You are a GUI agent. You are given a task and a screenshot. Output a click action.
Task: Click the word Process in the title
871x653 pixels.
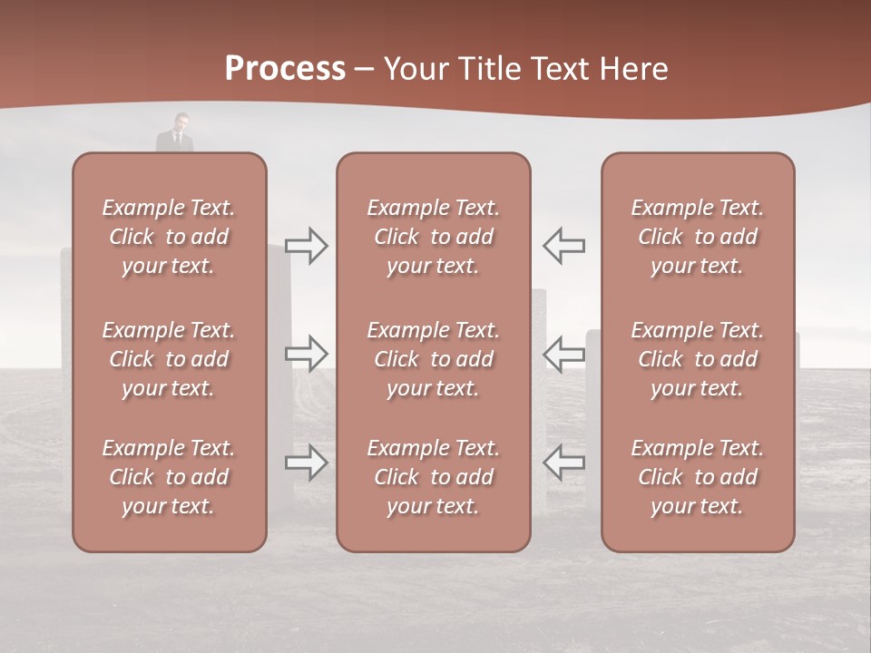click(285, 69)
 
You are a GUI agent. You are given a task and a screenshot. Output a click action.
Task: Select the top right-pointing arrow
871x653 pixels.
click(307, 245)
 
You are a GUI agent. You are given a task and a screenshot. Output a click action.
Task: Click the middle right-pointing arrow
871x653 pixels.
click(307, 353)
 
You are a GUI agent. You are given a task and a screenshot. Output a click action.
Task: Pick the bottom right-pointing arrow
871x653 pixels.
click(307, 463)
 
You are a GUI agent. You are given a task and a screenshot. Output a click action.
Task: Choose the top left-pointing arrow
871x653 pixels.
click(563, 245)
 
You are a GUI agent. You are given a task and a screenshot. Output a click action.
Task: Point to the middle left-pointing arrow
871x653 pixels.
click(563, 353)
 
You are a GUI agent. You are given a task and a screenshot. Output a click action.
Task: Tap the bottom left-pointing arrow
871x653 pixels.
click(563, 463)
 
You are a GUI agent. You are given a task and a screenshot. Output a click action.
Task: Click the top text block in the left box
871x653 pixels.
click(169, 237)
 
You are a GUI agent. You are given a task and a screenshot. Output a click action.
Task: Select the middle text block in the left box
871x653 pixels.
click(169, 359)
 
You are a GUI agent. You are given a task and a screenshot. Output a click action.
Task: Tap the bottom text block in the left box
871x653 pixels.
click(169, 477)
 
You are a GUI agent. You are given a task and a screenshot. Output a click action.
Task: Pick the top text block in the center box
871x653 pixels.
click(434, 237)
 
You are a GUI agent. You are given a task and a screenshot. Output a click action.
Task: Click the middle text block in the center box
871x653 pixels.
click(434, 359)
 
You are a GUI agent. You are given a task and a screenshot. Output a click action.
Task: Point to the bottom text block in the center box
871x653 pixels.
click(434, 477)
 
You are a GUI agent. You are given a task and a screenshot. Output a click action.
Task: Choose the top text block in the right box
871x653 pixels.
click(698, 237)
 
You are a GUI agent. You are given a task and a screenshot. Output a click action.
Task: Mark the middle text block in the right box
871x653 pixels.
click(698, 359)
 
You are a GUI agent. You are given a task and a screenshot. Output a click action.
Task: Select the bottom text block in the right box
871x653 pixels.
click(698, 477)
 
